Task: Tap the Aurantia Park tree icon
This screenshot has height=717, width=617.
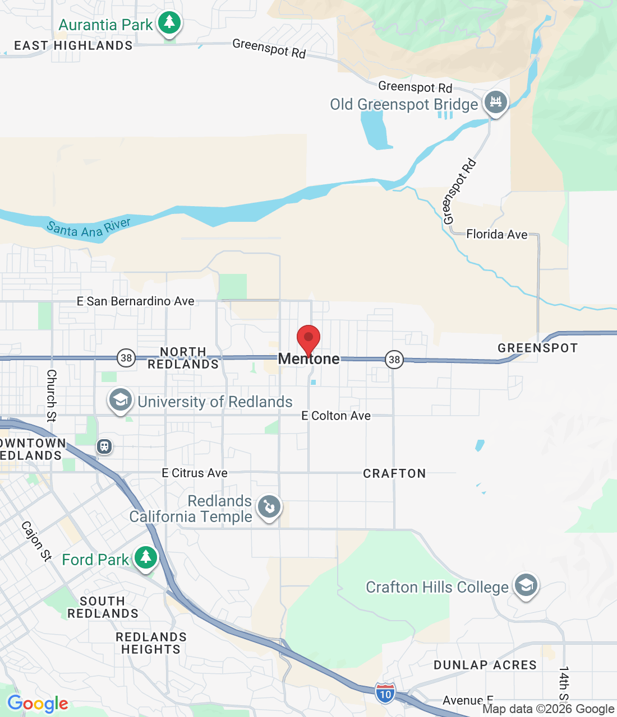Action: click(x=169, y=24)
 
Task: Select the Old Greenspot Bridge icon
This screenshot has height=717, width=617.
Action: click(x=495, y=103)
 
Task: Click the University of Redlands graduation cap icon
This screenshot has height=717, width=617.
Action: click(x=120, y=400)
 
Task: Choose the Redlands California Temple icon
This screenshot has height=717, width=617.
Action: click(x=269, y=508)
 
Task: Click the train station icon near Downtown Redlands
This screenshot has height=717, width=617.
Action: click(x=104, y=446)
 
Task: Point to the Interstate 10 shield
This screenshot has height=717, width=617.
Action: click(x=385, y=693)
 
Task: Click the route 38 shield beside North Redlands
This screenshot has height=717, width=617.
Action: click(x=126, y=357)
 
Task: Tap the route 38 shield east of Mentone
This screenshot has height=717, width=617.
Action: click(x=394, y=360)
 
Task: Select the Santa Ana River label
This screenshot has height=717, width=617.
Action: click(x=89, y=228)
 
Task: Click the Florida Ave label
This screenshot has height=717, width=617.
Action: click(x=497, y=234)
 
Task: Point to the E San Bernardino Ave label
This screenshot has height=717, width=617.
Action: click(x=136, y=301)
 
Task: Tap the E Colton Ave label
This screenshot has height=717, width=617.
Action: click(x=336, y=416)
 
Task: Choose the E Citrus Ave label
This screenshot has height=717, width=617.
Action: click(x=195, y=473)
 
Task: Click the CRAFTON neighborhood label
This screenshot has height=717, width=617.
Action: click(x=394, y=474)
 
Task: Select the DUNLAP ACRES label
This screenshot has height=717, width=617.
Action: click(x=485, y=665)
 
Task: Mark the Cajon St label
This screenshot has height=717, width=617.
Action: click(x=36, y=541)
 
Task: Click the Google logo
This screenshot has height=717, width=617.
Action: click(x=38, y=704)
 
